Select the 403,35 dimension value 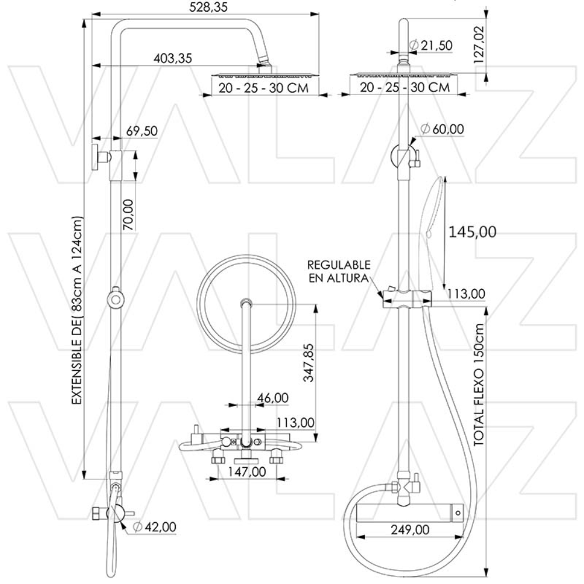point(173,58)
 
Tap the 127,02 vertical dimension point(480,44)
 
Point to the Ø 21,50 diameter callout point(431,45)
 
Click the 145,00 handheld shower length point(472,232)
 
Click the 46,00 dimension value point(273,398)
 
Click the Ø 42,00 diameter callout point(155,527)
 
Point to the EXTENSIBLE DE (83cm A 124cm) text point(76,311)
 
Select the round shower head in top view point(241,303)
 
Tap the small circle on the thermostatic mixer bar point(457,513)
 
